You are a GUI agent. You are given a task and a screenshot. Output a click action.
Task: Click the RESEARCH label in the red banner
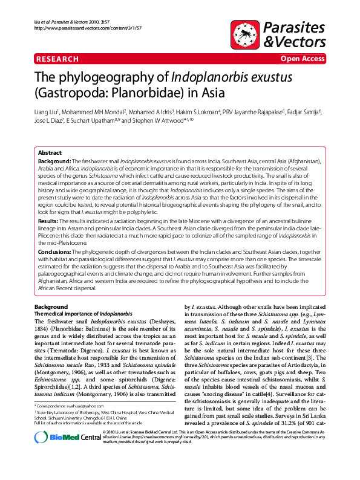tap(57, 59)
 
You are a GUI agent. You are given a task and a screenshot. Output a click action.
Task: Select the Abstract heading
tap(50, 153)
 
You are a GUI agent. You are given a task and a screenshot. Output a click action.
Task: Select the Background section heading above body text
tap(51, 308)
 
